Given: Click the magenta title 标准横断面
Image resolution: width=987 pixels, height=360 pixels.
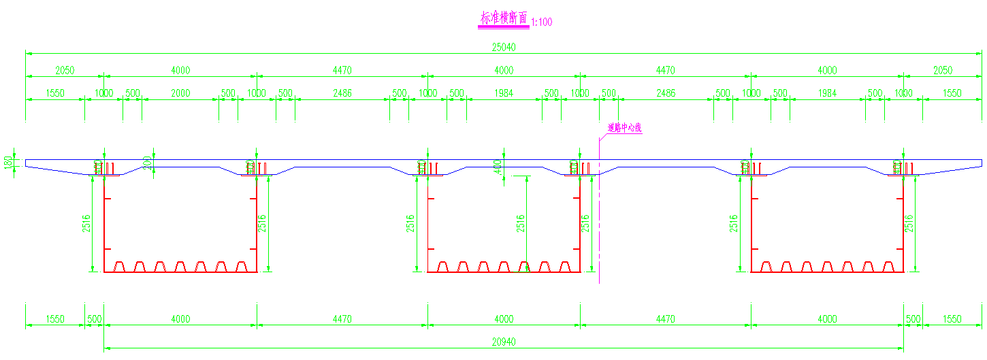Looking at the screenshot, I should coord(504,19).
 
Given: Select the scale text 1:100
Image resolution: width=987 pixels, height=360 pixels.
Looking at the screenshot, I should coord(541,22).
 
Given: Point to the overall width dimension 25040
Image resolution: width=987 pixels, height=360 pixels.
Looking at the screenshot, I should coord(504,47).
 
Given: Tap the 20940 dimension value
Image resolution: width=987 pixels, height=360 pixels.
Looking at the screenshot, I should coord(504,342).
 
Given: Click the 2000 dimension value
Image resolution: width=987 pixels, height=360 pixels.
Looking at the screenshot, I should coord(180,93).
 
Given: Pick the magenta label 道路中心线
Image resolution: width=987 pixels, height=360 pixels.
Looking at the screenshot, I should coord(624,127).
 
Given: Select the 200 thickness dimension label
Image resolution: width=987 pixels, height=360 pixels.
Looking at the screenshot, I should coord(147,162).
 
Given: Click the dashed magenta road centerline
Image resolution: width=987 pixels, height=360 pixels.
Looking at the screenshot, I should coord(599,225).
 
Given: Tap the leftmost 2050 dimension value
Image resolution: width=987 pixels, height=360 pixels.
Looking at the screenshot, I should coord(65,70).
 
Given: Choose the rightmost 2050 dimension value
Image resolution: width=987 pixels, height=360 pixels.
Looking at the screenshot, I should coord(943,70).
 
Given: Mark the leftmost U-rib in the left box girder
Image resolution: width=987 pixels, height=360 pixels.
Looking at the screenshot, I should coord(120,266).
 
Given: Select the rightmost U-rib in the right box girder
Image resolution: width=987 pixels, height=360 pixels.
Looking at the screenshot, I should coord(888,266).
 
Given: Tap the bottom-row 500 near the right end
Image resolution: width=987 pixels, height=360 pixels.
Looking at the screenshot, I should coord(913,318).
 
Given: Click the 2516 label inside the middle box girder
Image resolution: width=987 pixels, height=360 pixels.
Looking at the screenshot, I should coord(521,223).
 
